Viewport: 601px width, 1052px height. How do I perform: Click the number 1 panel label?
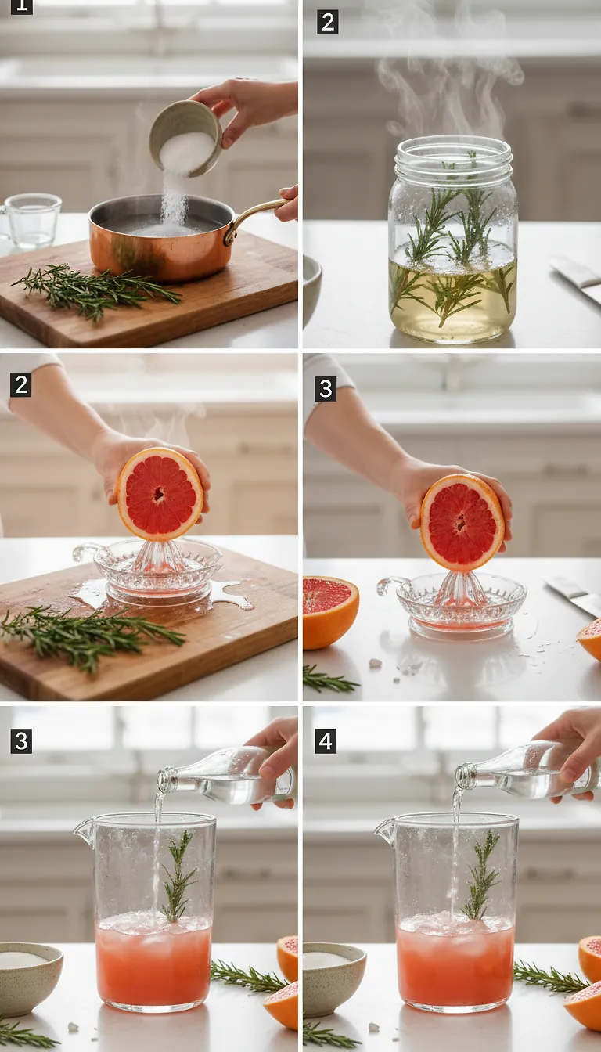coord(21,6)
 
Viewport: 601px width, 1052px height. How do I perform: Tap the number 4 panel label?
coord(326,740)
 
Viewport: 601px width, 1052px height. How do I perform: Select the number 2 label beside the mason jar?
coord(327,23)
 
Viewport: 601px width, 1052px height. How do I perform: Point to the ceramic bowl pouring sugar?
coord(185,136)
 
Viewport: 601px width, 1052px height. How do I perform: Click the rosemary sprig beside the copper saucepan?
coord(94,291)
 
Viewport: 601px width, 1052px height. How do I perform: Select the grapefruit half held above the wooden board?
coord(160,495)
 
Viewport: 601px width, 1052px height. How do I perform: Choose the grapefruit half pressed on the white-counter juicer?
coord(462,522)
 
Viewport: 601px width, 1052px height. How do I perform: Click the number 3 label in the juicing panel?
coord(326,388)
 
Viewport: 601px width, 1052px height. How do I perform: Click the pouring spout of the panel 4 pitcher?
coord(386,829)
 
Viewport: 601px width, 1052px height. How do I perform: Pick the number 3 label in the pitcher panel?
coord(21,740)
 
